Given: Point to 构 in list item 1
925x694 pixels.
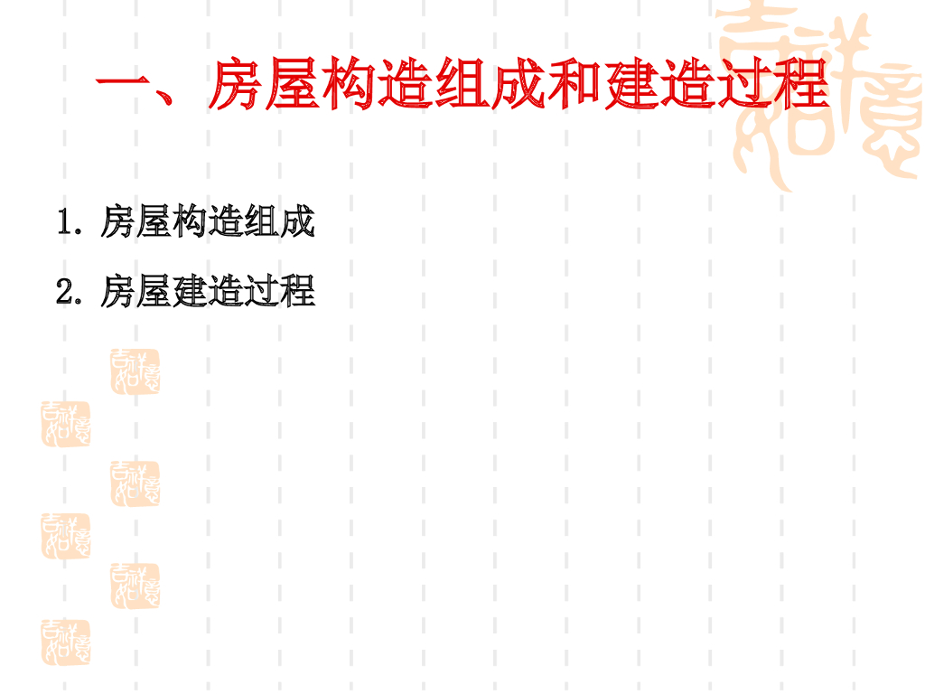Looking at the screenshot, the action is pos(189,221).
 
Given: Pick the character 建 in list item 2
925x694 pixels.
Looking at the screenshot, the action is pos(189,292).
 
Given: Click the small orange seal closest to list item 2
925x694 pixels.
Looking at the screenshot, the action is pos(135,370).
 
